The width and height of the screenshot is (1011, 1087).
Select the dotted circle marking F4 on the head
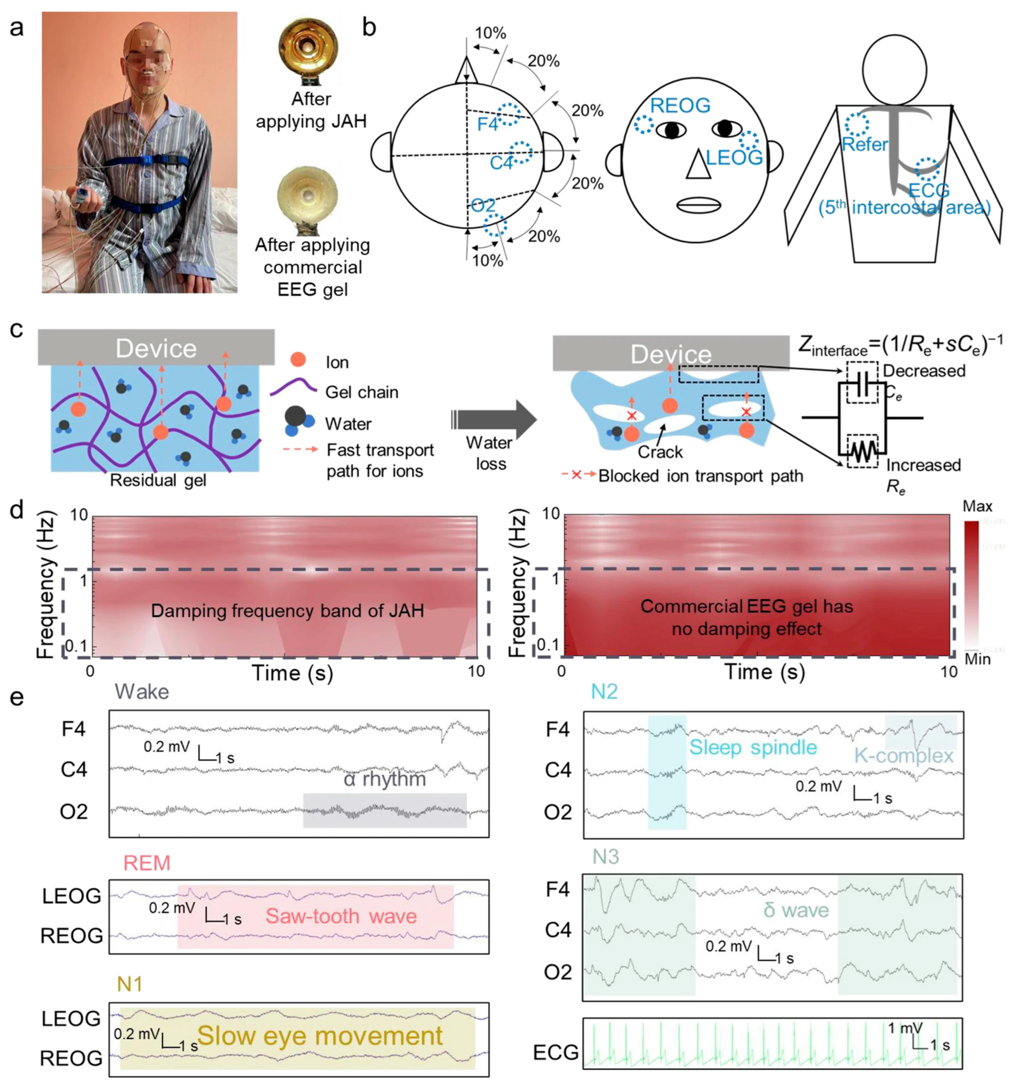click(x=509, y=115)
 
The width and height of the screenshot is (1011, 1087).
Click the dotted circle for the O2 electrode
click(x=495, y=225)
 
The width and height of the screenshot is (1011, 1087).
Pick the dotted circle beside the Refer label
click(x=856, y=124)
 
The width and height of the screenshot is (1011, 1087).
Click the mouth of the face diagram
click(x=697, y=205)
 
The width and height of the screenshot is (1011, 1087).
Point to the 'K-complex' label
click(x=903, y=756)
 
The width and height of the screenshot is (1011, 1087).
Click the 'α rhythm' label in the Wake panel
click(x=384, y=779)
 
